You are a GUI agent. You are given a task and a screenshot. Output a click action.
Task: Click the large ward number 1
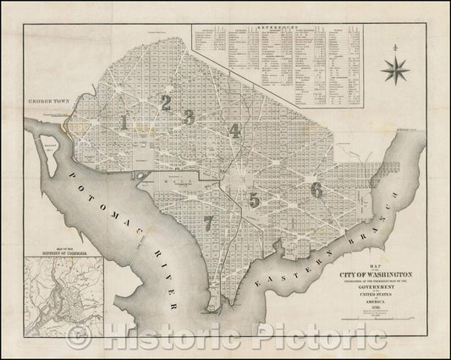(125, 122)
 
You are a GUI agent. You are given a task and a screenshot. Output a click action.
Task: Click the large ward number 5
(254, 199)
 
